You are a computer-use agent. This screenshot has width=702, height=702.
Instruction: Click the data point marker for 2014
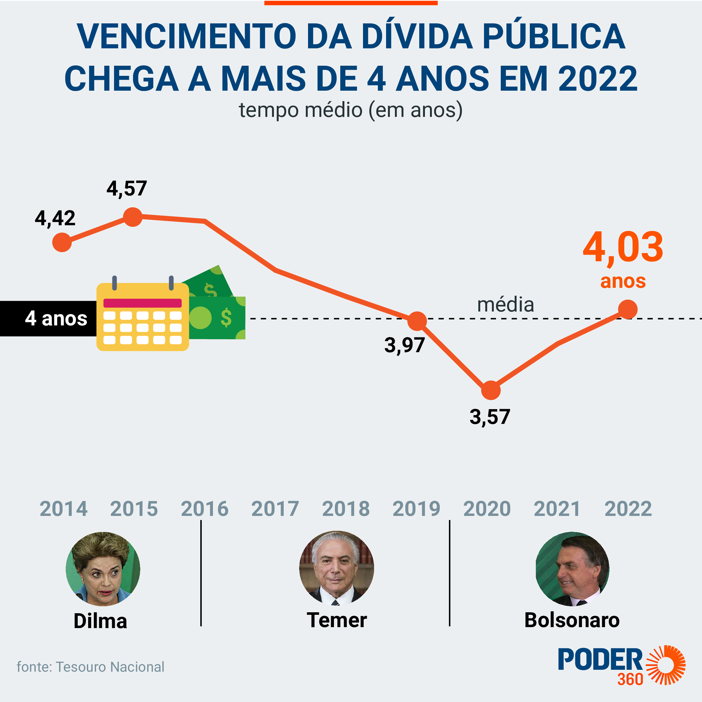(62, 242)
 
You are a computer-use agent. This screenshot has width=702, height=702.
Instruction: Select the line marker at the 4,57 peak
(133, 217)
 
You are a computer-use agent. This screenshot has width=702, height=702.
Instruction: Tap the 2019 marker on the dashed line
(417, 321)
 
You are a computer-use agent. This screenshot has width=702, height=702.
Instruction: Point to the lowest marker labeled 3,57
(491, 390)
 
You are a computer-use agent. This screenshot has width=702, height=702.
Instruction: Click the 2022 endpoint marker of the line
(627, 310)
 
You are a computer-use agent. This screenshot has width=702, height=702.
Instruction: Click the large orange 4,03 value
(623, 248)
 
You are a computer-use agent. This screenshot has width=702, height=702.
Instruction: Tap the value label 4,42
(55, 218)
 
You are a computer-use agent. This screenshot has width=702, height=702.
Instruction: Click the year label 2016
(205, 509)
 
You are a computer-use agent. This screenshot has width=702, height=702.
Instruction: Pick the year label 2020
(487, 509)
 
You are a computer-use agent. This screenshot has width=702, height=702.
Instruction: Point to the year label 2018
(346, 509)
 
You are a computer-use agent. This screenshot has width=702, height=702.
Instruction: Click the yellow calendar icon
(142, 317)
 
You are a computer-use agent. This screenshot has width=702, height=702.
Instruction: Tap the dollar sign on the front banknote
(226, 318)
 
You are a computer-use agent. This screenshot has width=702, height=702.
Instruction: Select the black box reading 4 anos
(48, 318)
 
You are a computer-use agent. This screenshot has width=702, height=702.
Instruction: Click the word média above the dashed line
(505, 305)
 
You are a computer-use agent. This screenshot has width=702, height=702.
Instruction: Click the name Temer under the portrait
(336, 620)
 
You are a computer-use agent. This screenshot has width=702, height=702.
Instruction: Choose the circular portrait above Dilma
(103, 569)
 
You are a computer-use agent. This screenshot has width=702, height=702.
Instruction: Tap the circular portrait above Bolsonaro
(572, 569)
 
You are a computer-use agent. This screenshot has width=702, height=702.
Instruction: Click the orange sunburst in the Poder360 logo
(665, 665)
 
